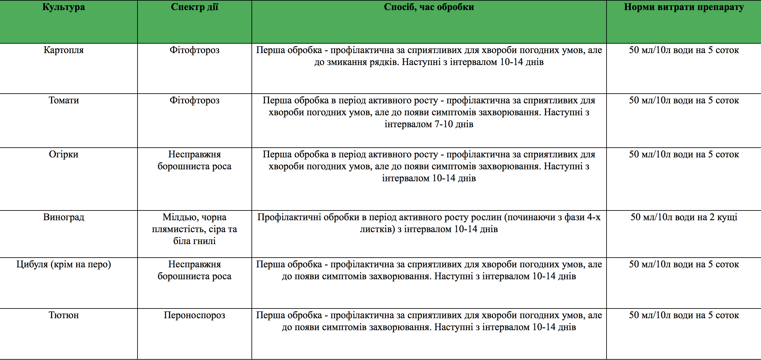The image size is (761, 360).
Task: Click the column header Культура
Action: click(64, 7)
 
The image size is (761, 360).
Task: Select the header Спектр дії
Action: click(194, 7)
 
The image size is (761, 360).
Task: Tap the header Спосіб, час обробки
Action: click(429, 7)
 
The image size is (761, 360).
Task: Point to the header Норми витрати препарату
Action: click(684, 7)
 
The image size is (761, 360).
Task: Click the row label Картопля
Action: click(64, 50)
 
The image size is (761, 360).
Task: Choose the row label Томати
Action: click(64, 101)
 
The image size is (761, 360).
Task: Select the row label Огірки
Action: click(64, 155)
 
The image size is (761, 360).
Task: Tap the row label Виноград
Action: click(64, 217)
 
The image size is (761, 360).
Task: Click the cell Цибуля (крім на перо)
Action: click(64, 265)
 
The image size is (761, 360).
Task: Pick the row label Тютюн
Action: click(64, 315)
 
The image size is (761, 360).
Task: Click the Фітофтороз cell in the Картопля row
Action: click(194, 50)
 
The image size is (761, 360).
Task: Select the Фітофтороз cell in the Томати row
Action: click(194, 101)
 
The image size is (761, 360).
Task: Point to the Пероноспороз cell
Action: click(194, 315)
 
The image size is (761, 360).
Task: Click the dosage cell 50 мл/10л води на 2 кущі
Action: click(684, 217)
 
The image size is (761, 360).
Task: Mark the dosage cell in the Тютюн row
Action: click(684, 315)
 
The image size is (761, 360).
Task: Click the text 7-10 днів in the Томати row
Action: click(454, 124)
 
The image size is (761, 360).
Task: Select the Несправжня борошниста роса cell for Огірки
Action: click(194, 160)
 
